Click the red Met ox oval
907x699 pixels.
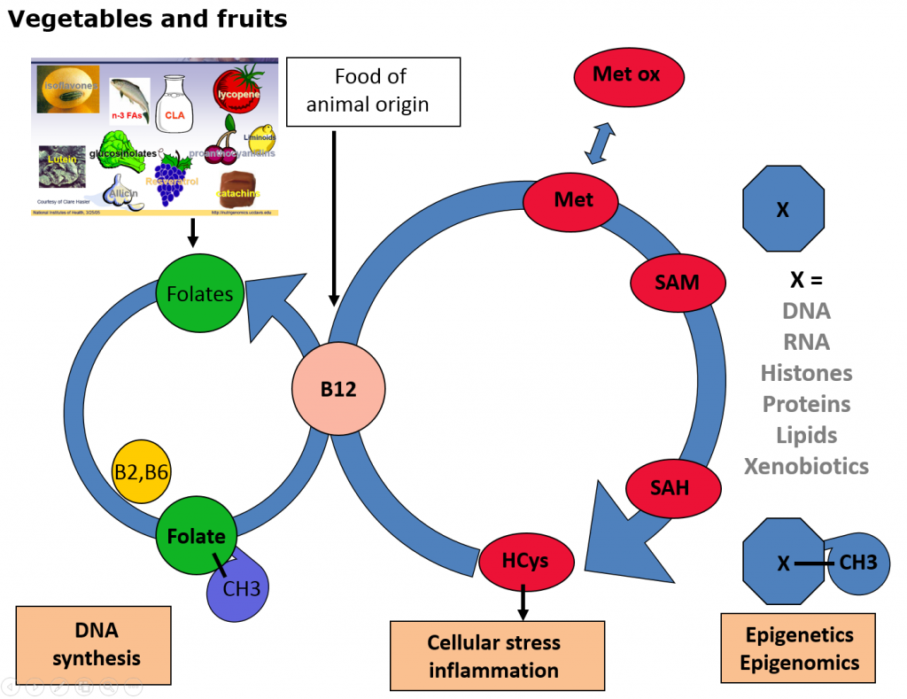coord(626,75)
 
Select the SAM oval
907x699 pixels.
coord(678,283)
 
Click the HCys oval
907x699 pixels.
coord(525,561)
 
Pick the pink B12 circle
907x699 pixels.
coord(338,389)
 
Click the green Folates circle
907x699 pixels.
coord(200,293)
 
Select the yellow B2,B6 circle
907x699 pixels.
coord(141,472)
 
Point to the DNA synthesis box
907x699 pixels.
coord(93,645)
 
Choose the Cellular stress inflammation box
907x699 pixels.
coord(497,656)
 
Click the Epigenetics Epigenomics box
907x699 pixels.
coord(798,648)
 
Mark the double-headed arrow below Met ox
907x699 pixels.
coord(604,141)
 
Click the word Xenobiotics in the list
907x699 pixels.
coord(806,466)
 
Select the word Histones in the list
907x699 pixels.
coord(806,373)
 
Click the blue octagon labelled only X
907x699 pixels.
coord(783,211)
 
